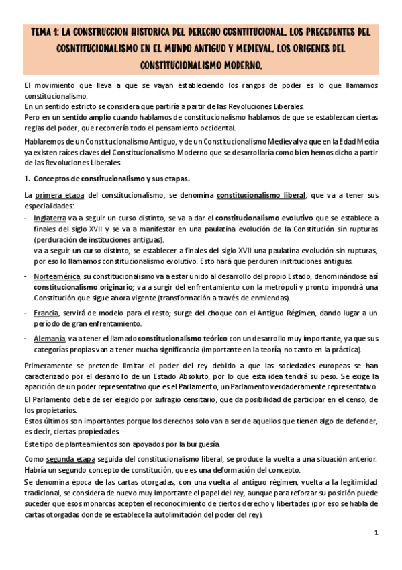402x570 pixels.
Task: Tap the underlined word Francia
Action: pyautogui.click(x=46, y=313)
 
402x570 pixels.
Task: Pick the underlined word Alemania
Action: pyautogui.click(x=50, y=338)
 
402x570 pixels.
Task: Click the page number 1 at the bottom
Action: pyautogui.click(x=376, y=532)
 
